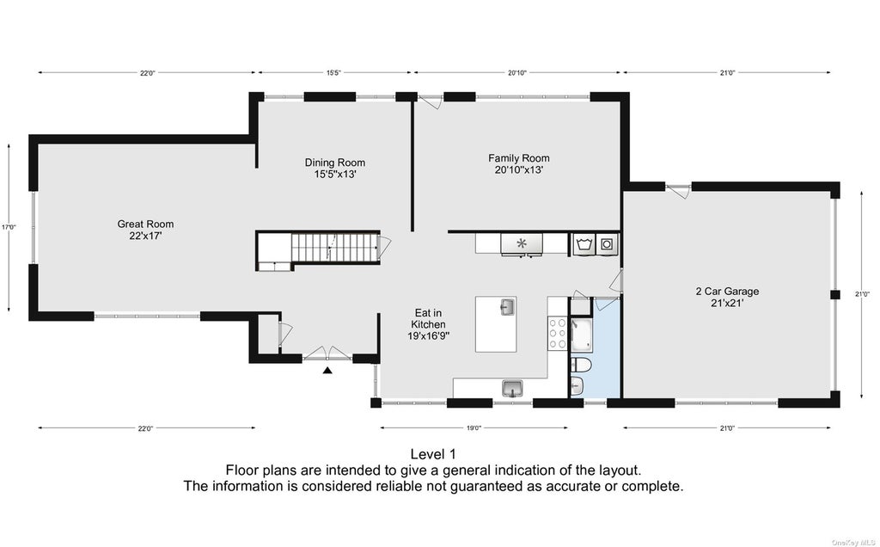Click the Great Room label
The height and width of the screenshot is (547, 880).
[x=145, y=230]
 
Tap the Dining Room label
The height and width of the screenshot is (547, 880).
[x=335, y=169]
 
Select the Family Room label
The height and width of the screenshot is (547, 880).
[x=518, y=164]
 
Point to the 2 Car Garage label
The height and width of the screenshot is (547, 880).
[x=727, y=297]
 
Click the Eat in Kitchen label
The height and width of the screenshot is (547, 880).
[x=429, y=324]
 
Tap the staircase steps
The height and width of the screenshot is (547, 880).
[x=334, y=248]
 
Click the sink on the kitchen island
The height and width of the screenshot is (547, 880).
[x=507, y=307]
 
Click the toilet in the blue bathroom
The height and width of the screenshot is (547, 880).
[x=580, y=366]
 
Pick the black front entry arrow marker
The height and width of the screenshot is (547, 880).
[x=327, y=370]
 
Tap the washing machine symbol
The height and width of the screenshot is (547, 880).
[x=584, y=244]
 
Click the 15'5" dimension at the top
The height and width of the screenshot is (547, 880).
[x=334, y=72]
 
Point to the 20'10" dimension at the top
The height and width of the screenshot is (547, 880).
[x=516, y=72]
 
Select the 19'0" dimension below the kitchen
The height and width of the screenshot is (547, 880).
[x=474, y=428]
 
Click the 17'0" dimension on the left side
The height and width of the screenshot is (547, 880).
[x=9, y=227]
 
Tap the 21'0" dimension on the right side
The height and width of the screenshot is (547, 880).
[x=863, y=294]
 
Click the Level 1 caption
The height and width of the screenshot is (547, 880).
[x=433, y=454]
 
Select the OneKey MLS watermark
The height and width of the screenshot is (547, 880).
[x=854, y=542]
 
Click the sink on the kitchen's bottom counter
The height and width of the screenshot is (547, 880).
[x=512, y=388]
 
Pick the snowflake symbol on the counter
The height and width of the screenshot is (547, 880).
[x=522, y=243]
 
